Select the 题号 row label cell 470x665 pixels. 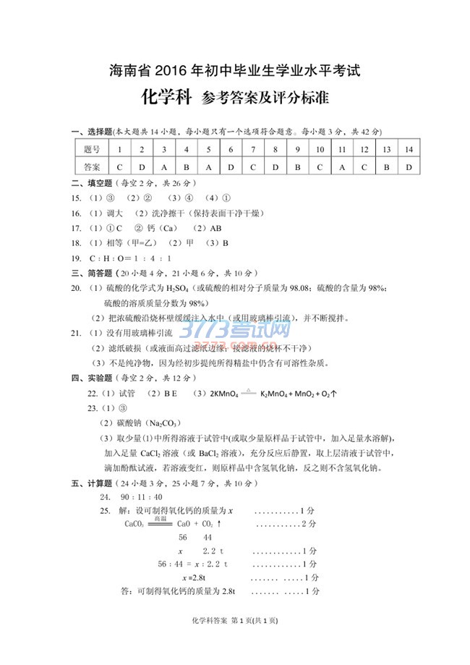click(91, 150)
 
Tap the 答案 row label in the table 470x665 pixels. click(91, 166)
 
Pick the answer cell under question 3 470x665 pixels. click(163, 166)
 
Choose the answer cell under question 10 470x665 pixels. click(319, 166)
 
